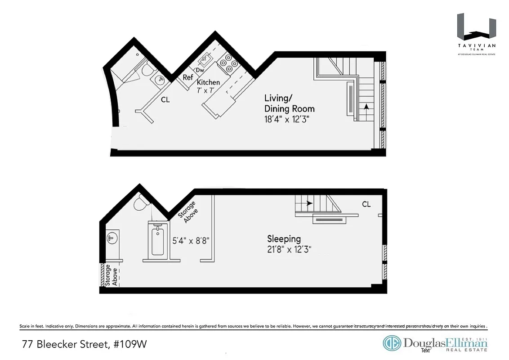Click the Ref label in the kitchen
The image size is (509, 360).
pos(188,77)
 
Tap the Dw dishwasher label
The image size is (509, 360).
pos(200,70)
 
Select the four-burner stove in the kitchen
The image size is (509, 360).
pos(229,63)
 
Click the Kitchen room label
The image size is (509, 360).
pos(209,82)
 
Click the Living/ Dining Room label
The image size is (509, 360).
pos(289,103)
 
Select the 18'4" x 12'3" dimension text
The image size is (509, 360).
pos(287,119)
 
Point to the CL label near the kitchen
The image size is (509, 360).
pos(165,100)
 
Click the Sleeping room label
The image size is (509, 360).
pos(284,239)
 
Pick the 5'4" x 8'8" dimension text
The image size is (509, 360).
pos(191,241)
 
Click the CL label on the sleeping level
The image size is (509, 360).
pos(366,204)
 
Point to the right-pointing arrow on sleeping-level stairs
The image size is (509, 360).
pos(309,203)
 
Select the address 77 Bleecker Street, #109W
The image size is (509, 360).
pos(84,345)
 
